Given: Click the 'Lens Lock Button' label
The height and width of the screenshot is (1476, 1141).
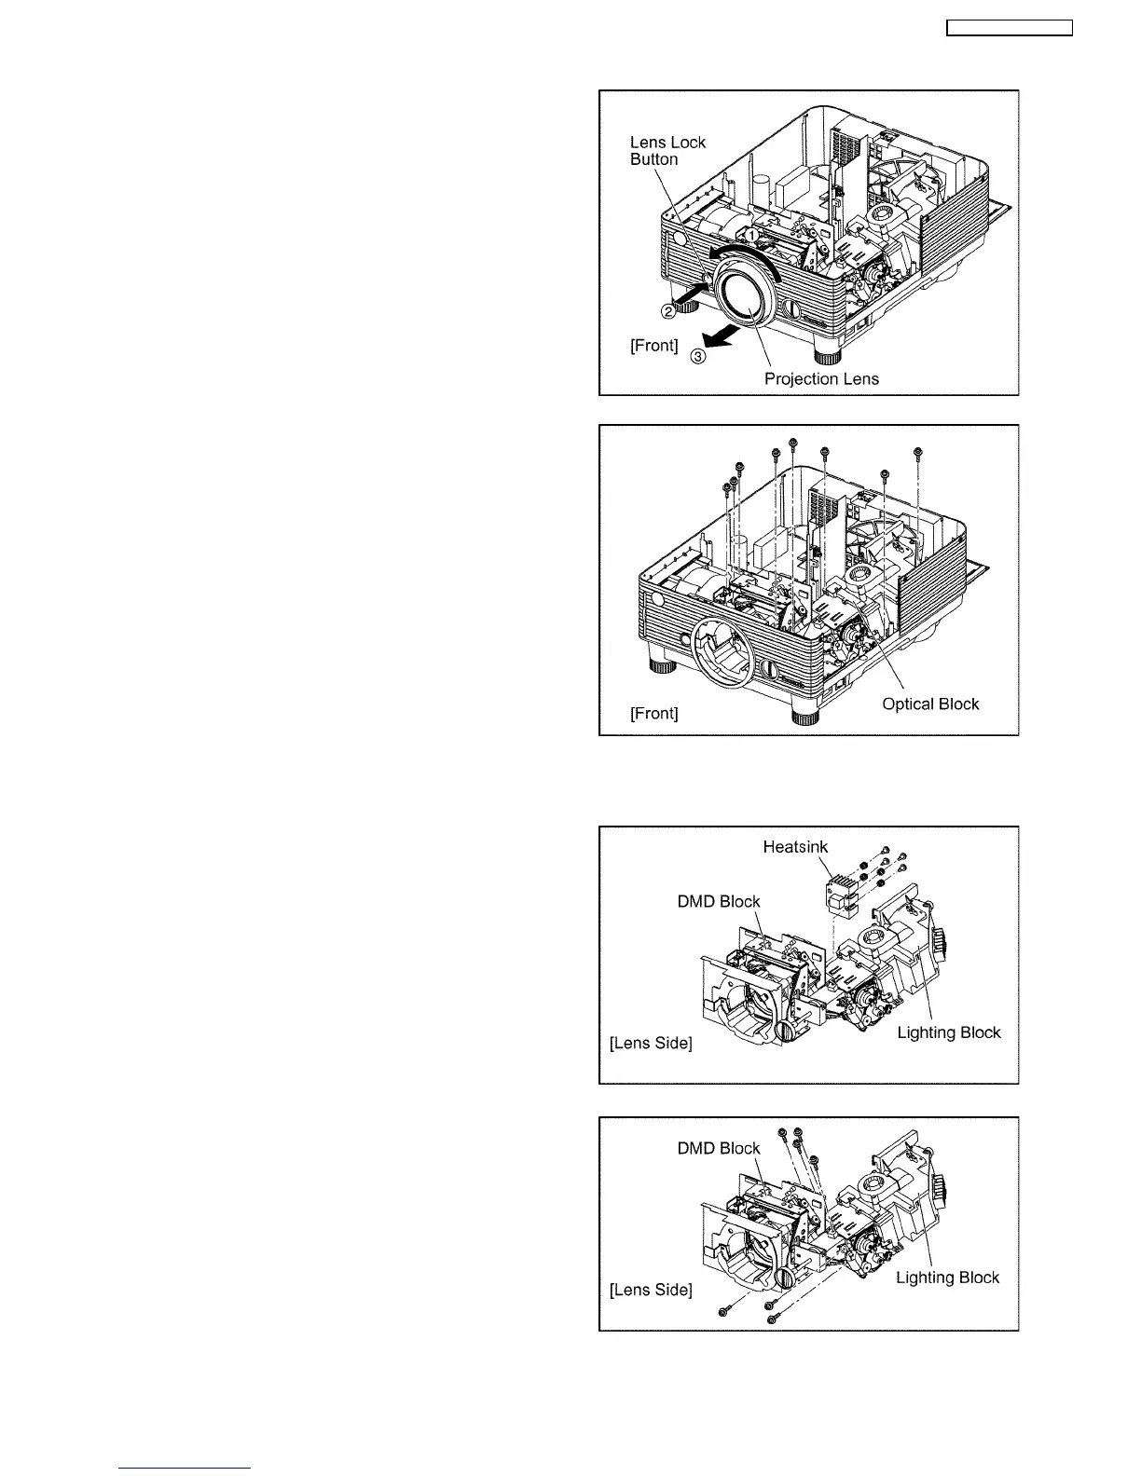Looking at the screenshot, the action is tap(667, 150).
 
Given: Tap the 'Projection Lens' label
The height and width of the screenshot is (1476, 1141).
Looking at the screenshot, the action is tap(821, 378).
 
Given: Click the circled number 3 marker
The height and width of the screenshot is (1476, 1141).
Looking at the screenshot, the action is tap(698, 355).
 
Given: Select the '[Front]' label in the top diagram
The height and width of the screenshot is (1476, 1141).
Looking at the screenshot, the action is tap(653, 345).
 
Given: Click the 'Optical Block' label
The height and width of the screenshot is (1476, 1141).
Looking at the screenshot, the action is tap(930, 704).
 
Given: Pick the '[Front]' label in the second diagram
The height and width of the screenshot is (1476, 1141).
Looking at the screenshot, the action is tap(653, 713).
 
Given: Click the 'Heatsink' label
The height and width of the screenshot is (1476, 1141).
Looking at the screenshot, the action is tap(795, 846).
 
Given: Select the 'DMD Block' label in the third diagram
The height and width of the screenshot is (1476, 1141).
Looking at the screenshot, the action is tap(719, 901).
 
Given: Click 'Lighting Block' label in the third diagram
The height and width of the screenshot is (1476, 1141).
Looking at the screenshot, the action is tap(949, 1032).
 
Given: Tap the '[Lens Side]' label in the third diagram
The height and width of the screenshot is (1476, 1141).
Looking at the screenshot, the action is tap(651, 1043).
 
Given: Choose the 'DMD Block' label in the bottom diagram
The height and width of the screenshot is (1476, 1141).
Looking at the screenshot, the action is tap(719, 1148).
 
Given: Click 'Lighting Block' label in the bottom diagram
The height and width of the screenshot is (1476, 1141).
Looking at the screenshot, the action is tap(947, 1278).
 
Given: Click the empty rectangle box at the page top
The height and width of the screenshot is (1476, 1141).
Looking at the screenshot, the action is tap(1010, 28).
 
